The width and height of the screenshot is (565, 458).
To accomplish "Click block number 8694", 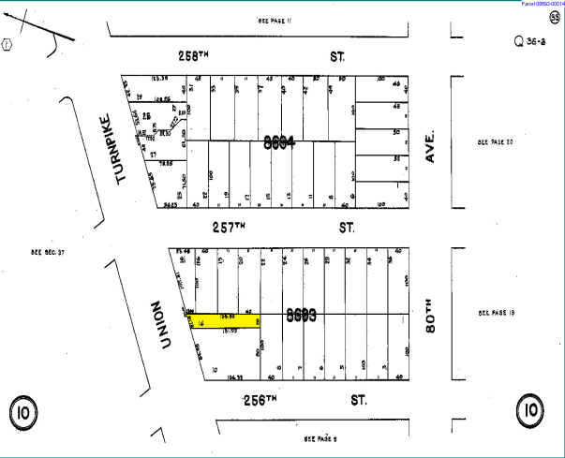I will (x=279, y=142).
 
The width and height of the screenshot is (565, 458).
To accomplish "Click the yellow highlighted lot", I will (x=225, y=320).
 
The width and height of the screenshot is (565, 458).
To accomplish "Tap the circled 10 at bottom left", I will (x=23, y=410).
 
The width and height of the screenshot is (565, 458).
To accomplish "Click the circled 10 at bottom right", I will (x=530, y=410).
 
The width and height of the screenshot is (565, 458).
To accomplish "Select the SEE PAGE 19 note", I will (x=497, y=313).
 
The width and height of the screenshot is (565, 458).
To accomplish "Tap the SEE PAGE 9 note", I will (x=321, y=437).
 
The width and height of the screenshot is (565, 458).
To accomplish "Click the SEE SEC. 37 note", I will (x=47, y=252).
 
